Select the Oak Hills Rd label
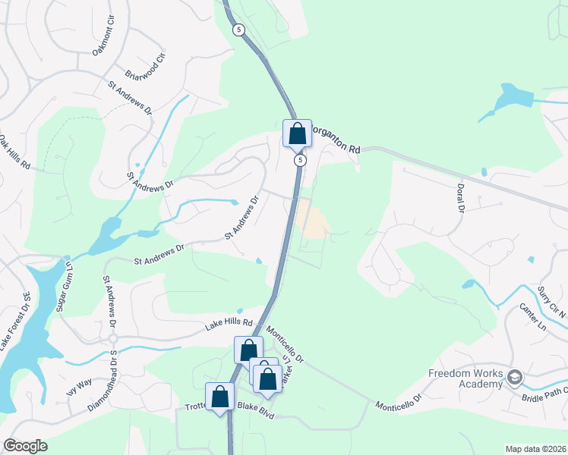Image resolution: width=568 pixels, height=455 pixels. [14, 152]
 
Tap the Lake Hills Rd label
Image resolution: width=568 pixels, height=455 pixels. [229, 326]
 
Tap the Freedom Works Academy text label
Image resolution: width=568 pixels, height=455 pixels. [465, 378]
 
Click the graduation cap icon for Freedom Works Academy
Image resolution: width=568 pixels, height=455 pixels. [515, 378]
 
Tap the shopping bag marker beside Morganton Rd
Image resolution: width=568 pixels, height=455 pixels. [297, 133]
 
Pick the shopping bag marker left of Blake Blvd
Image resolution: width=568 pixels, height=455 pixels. [220, 396]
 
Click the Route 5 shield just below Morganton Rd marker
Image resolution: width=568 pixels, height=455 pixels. [301, 160]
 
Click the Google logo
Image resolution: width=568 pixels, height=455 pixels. [25, 446]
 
